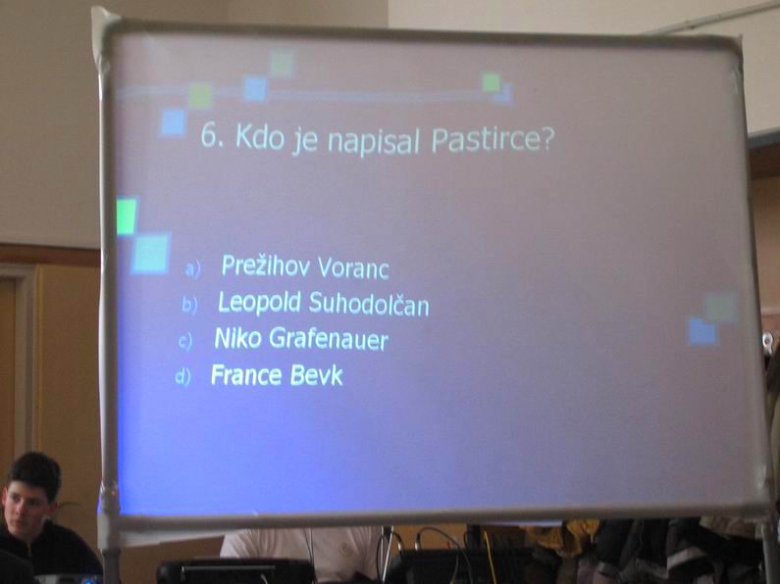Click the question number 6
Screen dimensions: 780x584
point(209,134)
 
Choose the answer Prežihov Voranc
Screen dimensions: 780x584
point(305,267)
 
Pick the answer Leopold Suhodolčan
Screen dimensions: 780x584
point(324,302)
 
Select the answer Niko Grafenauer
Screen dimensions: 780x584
point(301,339)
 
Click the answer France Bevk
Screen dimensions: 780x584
point(277,374)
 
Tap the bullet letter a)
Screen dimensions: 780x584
point(192,269)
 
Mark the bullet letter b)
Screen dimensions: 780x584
point(189,305)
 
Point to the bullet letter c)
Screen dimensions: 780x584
point(185,341)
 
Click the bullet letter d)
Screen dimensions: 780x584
point(182,376)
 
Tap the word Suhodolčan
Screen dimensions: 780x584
point(369,303)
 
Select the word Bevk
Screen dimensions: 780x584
point(316,375)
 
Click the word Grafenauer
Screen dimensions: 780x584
point(329,339)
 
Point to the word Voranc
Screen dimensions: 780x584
point(353,268)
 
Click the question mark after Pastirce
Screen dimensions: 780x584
point(546,138)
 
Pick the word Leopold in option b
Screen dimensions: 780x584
point(260,302)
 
